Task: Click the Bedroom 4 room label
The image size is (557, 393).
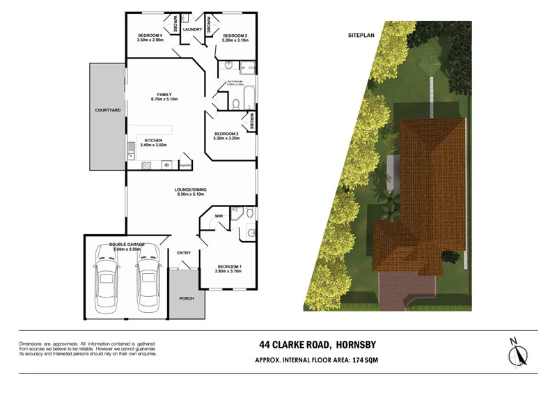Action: point(150,36)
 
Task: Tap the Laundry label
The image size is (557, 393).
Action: point(192,30)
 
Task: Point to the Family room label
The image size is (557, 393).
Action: point(164,95)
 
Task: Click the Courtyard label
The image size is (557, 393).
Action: point(108,111)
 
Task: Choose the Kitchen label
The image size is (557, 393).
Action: point(153,140)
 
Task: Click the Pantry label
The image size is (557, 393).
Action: point(185,165)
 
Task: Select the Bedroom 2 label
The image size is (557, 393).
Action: point(226,134)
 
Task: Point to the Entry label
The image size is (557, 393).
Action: point(185,253)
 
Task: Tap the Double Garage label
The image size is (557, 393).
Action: point(127,245)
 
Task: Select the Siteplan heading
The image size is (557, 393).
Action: point(361,34)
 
